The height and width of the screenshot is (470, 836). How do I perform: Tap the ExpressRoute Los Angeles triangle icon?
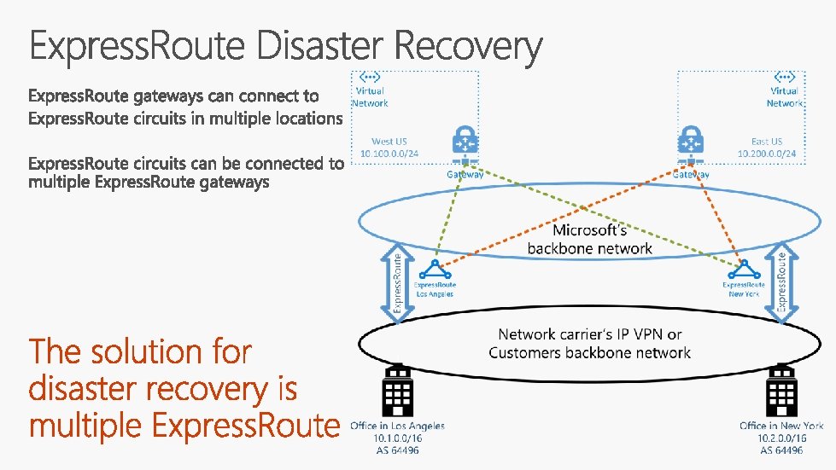[x=435, y=270]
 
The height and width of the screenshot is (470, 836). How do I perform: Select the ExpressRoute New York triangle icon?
[x=744, y=270]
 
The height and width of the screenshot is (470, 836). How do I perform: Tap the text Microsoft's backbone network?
[x=589, y=240]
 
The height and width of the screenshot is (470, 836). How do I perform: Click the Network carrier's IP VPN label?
[x=589, y=334]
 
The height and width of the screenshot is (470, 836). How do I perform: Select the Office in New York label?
[x=781, y=426]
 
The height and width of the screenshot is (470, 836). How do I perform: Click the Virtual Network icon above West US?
[x=370, y=77]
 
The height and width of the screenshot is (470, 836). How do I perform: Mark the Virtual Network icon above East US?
[x=784, y=77]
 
